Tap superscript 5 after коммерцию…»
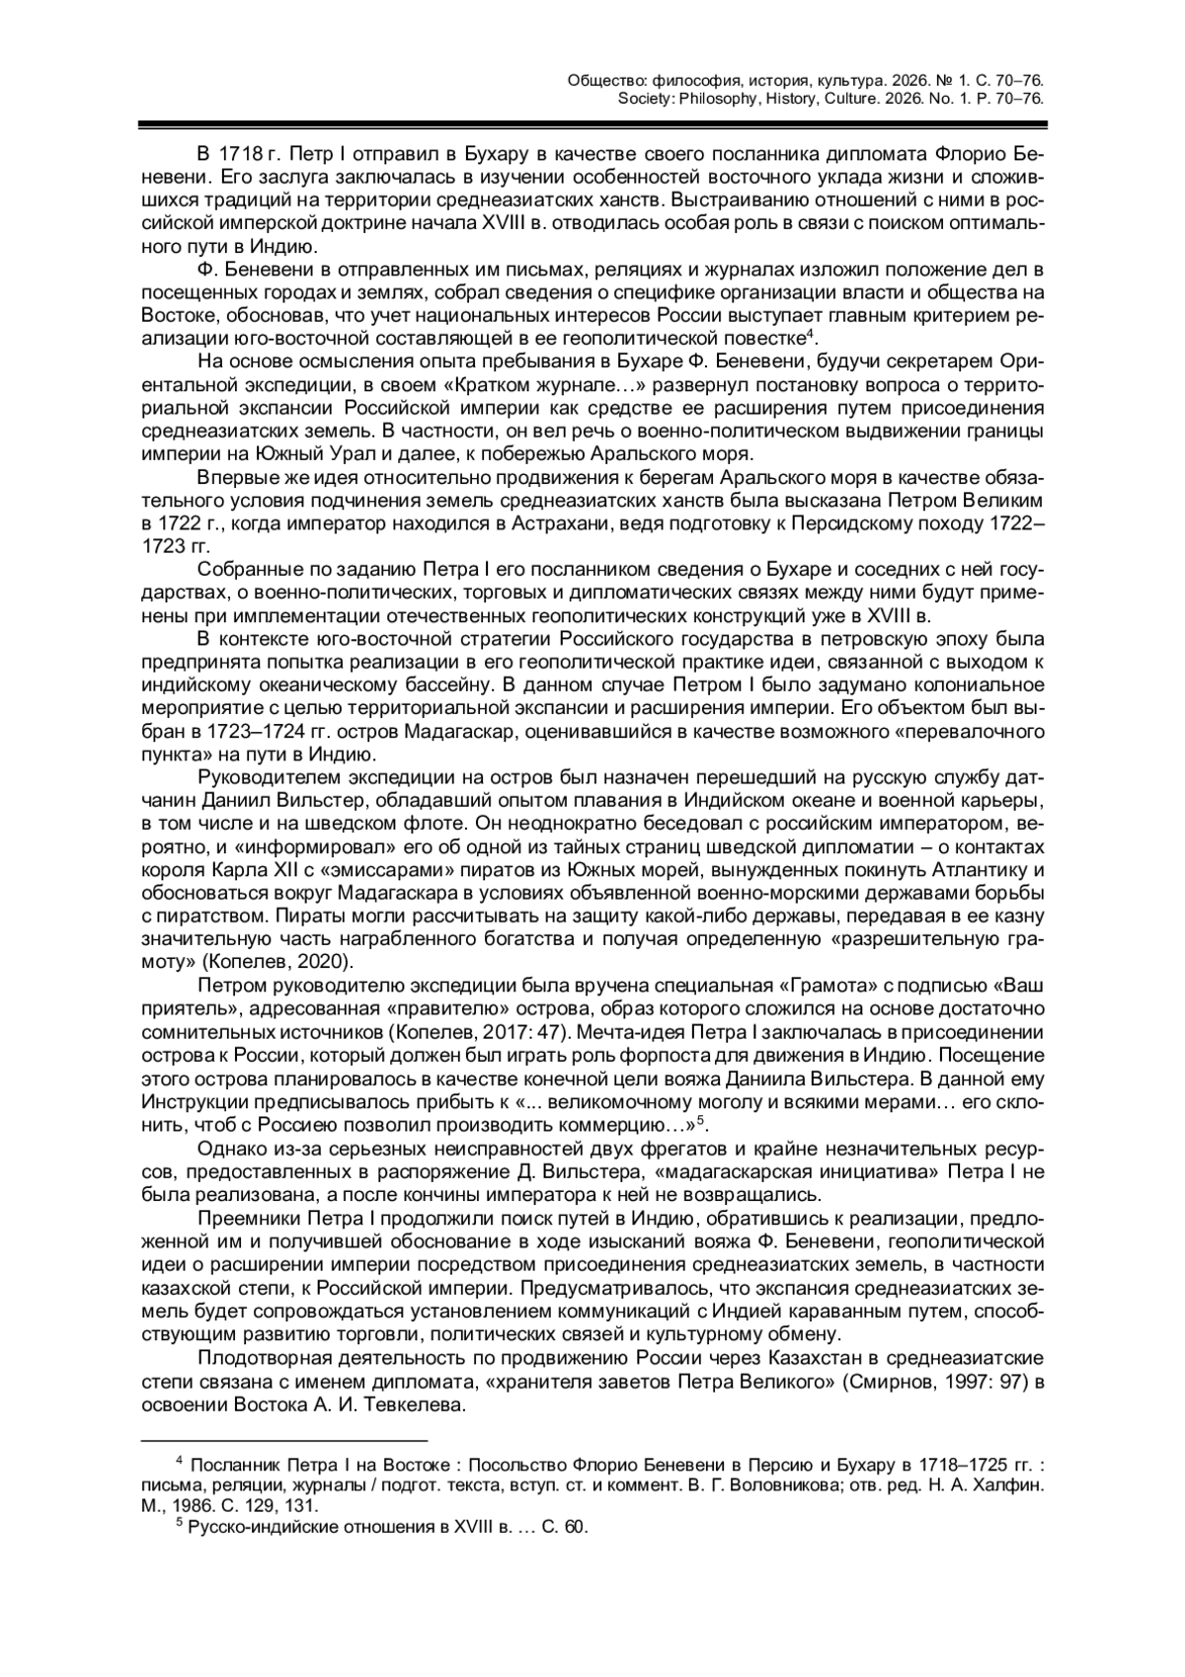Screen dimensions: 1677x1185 pos(701,1118)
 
